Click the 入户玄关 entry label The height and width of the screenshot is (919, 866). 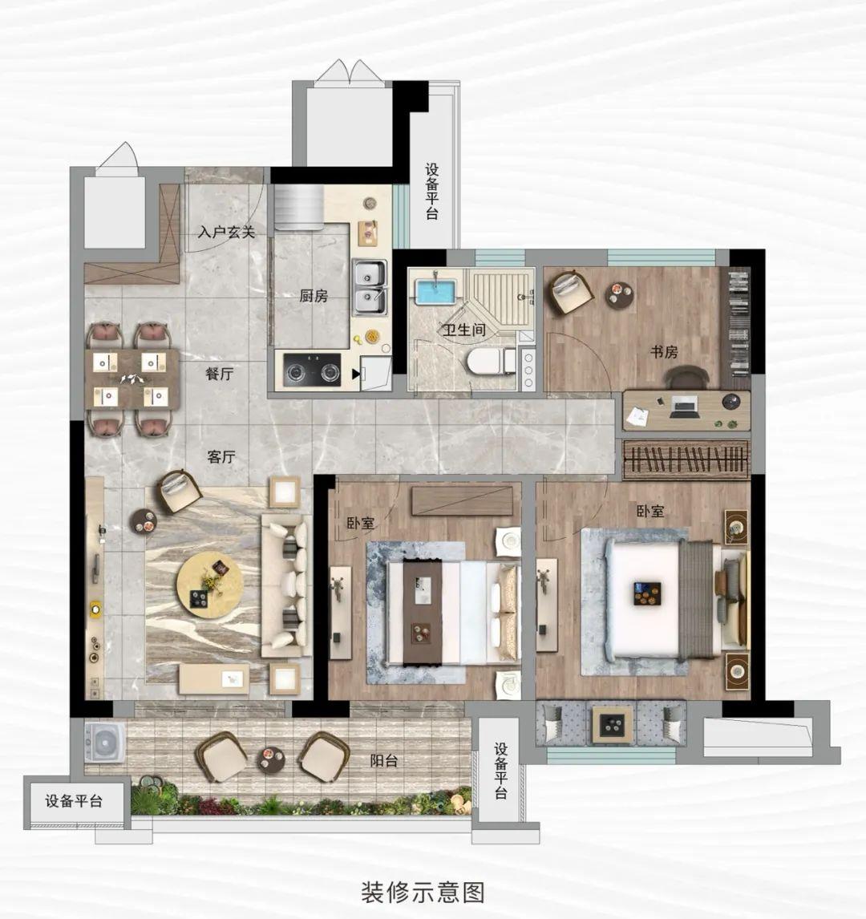click(x=226, y=232)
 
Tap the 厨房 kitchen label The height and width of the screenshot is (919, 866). click(x=314, y=296)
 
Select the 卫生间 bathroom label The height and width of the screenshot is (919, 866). click(x=464, y=330)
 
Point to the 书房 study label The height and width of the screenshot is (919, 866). click(x=664, y=352)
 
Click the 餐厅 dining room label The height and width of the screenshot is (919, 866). click(x=220, y=374)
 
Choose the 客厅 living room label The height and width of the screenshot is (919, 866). click(x=221, y=456)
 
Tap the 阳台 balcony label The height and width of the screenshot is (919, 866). click(x=384, y=761)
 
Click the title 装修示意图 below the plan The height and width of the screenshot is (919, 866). click(x=423, y=893)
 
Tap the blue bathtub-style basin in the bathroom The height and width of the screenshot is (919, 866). click(x=435, y=292)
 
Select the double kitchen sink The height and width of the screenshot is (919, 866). click(x=370, y=288)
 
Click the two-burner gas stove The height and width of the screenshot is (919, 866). click(x=312, y=370)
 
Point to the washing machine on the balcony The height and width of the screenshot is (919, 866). click(x=105, y=743)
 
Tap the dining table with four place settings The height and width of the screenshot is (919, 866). click(x=132, y=379)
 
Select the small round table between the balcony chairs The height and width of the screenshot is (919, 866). click(x=271, y=761)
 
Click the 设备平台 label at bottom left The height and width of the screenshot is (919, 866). click(x=74, y=801)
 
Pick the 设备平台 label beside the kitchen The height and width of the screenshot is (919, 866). click(x=432, y=192)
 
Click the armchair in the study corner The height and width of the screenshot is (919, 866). click(x=570, y=291)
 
